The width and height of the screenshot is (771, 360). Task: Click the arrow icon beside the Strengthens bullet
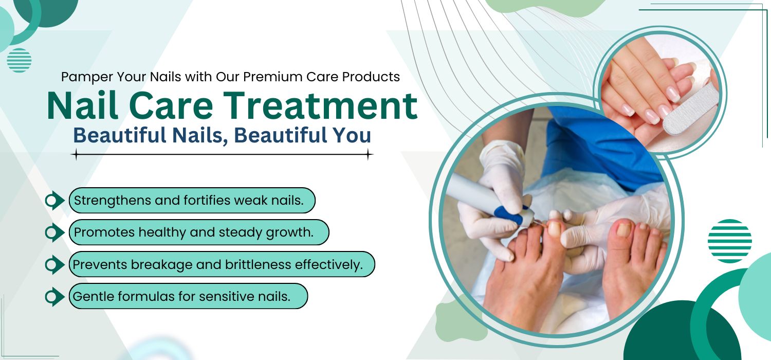[x=54, y=201]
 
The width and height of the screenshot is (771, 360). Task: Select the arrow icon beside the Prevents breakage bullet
[x=54, y=264]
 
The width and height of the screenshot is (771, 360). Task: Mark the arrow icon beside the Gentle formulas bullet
[x=54, y=297]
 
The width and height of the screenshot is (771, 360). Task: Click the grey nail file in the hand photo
[x=691, y=109]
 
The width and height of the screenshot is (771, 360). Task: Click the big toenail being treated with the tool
[x=554, y=229]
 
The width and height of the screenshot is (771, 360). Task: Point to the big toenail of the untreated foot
[x=623, y=230]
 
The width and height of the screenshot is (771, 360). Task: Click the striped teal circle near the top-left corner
[x=19, y=60]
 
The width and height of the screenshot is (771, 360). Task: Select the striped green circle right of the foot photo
[x=730, y=241]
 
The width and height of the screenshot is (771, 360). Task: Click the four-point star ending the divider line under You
[x=369, y=154]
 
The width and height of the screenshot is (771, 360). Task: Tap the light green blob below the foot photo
[x=460, y=322]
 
